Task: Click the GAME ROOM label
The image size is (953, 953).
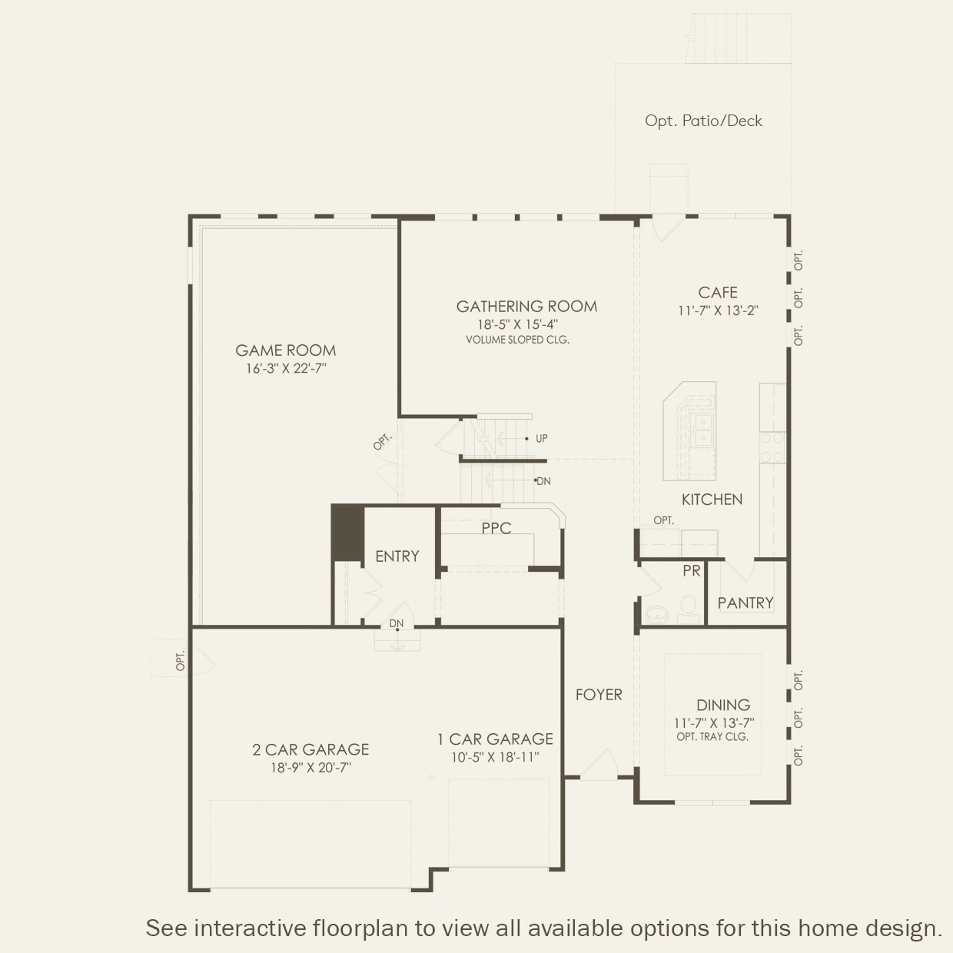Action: tap(285, 350)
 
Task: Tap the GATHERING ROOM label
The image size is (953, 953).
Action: tap(526, 307)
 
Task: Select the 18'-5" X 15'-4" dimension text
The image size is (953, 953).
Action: tap(517, 324)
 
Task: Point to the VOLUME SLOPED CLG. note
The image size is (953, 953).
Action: tap(517, 340)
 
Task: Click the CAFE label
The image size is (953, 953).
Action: tap(718, 293)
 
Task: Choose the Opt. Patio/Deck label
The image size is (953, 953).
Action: tap(703, 121)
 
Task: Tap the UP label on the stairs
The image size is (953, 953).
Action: tap(542, 439)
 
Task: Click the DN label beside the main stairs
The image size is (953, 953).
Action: tap(543, 481)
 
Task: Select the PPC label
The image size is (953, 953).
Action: tap(496, 528)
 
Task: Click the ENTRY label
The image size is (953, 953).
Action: tap(397, 556)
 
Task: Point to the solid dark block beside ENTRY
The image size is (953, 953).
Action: tap(348, 533)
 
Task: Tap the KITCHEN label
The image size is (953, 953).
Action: tap(712, 500)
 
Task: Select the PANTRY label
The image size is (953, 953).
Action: tap(745, 603)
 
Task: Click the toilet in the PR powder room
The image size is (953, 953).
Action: tap(688, 609)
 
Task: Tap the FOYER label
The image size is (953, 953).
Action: tap(599, 695)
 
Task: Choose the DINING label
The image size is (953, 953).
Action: tap(723, 705)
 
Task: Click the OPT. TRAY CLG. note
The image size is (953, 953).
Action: tap(712, 736)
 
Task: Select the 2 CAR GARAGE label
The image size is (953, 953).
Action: tap(310, 749)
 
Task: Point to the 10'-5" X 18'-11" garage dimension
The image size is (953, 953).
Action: tap(495, 757)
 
